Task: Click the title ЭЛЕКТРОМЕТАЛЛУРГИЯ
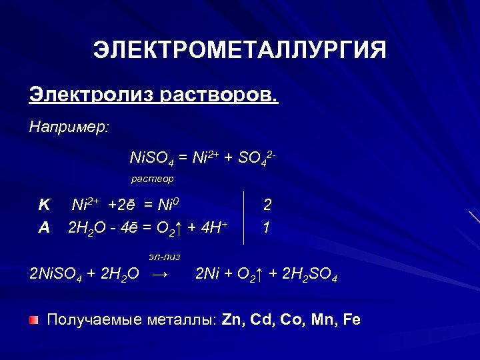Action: point(239,51)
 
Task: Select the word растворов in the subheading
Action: point(218,95)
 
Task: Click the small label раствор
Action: point(152,179)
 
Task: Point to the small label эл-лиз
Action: point(164,256)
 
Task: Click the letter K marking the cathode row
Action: point(44,205)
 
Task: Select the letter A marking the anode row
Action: point(44,227)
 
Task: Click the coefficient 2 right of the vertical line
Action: point(267,205)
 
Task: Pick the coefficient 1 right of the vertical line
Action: point(267,227)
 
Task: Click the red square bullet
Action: point(33,320)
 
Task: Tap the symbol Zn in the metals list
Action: point(233,320)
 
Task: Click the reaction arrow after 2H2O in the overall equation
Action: point(160,274)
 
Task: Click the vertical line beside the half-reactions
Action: point(244,217)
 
